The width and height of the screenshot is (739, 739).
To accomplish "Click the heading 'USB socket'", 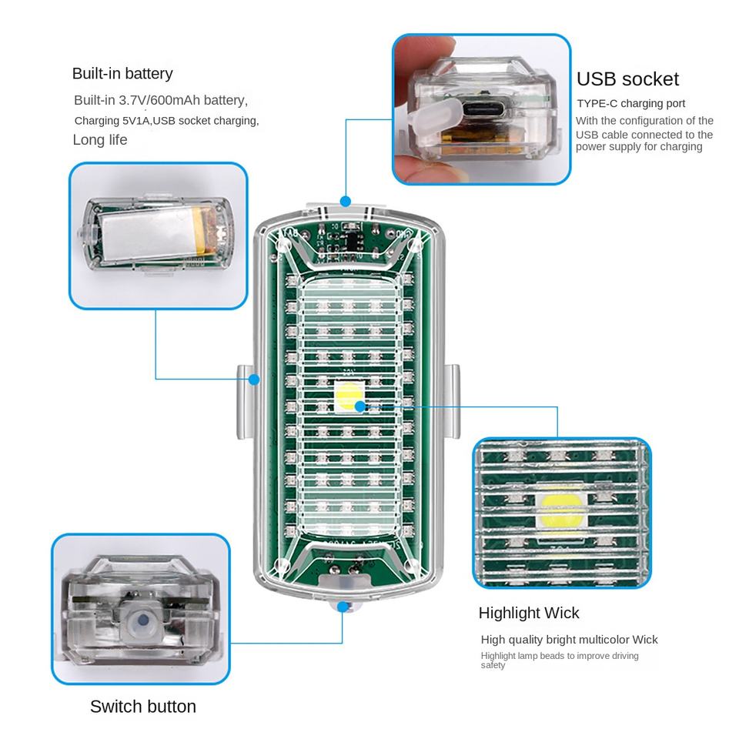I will [627, 79].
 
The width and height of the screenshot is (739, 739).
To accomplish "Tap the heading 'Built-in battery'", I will [122, 74].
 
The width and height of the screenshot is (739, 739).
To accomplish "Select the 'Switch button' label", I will [143, 706].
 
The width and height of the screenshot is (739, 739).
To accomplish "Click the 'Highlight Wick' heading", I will [529, 613].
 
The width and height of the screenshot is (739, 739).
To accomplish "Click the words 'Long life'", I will [100, 139].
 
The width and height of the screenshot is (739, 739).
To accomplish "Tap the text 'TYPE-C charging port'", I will [631, 103].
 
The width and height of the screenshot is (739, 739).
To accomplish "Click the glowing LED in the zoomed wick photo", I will [560, 509].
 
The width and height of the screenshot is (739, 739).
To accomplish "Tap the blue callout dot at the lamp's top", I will [346, 202].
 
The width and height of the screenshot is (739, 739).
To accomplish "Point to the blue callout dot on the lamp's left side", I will [255, 378].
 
